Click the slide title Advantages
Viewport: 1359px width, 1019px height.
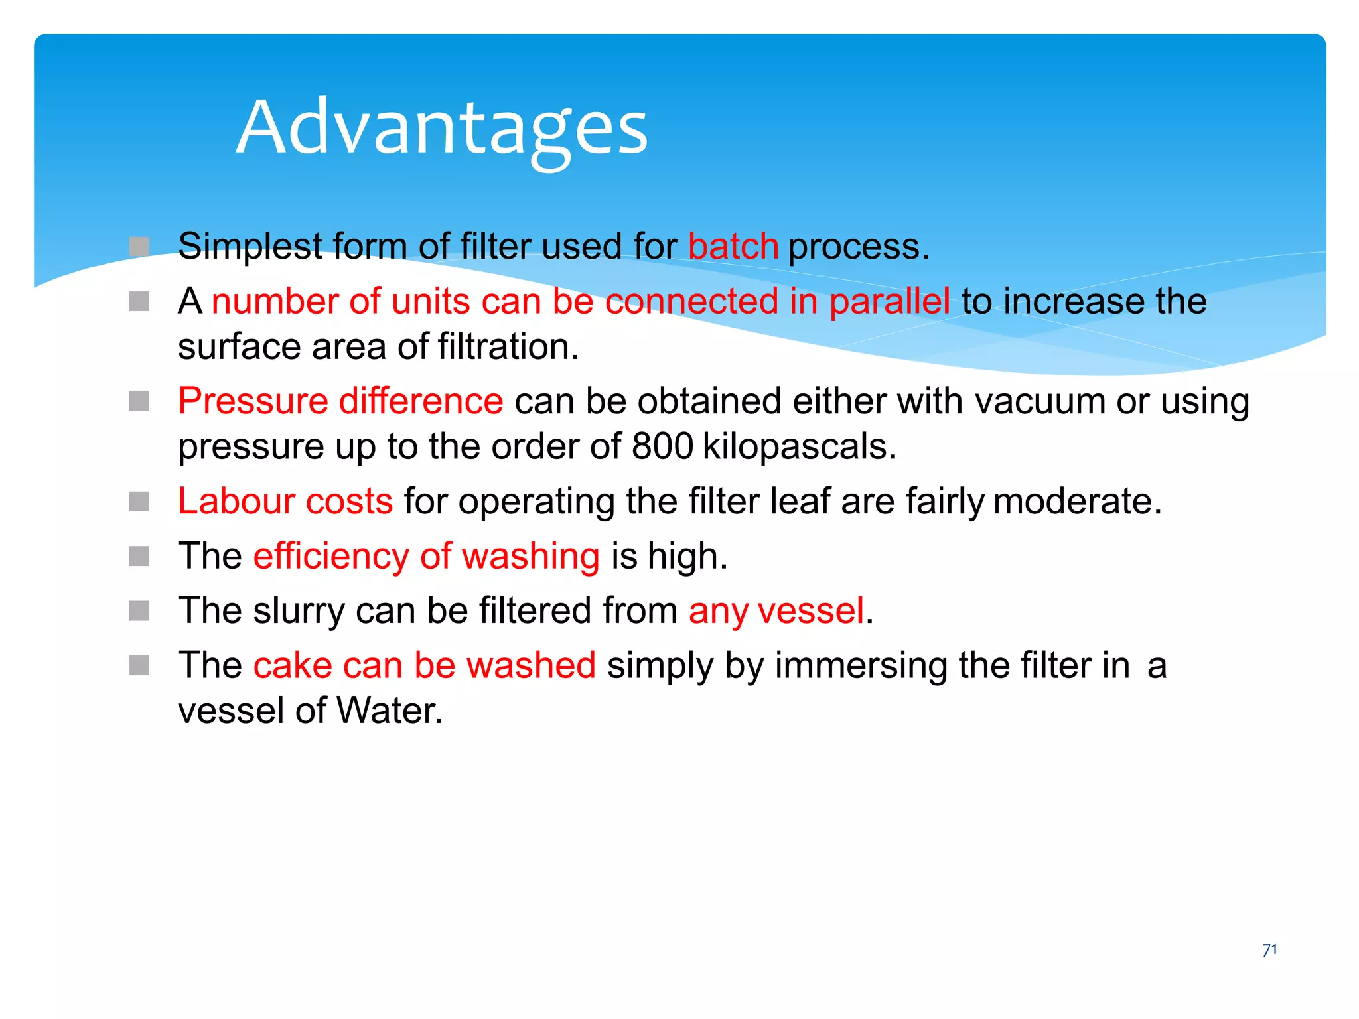point(442,127)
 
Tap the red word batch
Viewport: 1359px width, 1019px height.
point(733,247)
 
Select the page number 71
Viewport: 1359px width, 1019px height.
point(1269,950)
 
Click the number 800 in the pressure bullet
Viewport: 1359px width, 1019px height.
point(662,446)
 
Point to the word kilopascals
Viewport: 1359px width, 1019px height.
point(799,446)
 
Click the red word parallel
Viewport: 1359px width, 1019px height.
point(889,302)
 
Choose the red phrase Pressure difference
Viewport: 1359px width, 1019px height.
point(340,401)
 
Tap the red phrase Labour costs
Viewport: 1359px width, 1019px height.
point(285,501)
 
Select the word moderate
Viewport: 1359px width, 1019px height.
point(1078,501)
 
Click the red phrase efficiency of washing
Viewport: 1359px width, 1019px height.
point(426,556)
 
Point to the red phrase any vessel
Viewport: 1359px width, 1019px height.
point(776,610)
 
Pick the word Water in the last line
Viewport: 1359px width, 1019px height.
point(389,711)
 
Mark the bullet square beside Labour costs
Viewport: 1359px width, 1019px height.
point(139,502)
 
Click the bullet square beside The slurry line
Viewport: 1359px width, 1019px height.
point(139,610)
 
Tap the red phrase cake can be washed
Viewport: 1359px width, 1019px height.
point(424,665)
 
